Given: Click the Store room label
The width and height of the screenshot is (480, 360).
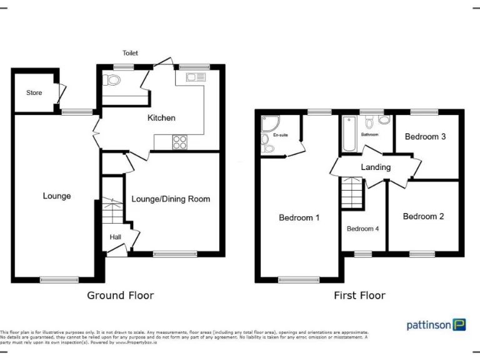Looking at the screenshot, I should coord(34,92).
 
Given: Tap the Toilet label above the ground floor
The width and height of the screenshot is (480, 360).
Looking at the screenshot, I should coord(130,53).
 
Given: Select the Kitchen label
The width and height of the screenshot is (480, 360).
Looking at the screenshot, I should coord(161,117).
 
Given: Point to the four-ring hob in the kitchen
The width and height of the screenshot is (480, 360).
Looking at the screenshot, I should coord(180,142).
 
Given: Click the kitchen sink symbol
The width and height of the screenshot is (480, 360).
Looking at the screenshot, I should coord(195,77).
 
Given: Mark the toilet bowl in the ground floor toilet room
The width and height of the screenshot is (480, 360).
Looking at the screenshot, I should coord(113,80).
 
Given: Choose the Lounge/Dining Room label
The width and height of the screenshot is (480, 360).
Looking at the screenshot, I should coord(171,199).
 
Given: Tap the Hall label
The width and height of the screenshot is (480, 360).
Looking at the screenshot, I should coord(116,237).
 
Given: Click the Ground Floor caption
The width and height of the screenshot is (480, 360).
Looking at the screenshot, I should coord(120,295).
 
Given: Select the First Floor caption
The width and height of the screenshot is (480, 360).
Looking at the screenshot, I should coord(360,295).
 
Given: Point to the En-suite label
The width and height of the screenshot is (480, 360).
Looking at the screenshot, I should coord(281,134).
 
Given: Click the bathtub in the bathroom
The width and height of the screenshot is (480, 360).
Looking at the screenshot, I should coord(348,134).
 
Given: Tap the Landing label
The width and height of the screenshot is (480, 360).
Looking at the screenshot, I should coord(376,167).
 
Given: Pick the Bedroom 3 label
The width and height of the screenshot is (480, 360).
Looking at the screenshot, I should coord(425,136).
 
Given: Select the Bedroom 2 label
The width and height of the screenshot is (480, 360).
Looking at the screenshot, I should coord(423,216).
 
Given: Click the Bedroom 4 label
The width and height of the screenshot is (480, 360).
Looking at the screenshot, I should coord(363,229).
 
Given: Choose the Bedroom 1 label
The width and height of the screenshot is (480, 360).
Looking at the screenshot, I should coord(299,218).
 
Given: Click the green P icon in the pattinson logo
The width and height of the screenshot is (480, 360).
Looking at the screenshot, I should coord(459,324).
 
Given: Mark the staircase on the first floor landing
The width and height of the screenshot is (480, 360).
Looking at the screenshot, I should coord(352,193).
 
